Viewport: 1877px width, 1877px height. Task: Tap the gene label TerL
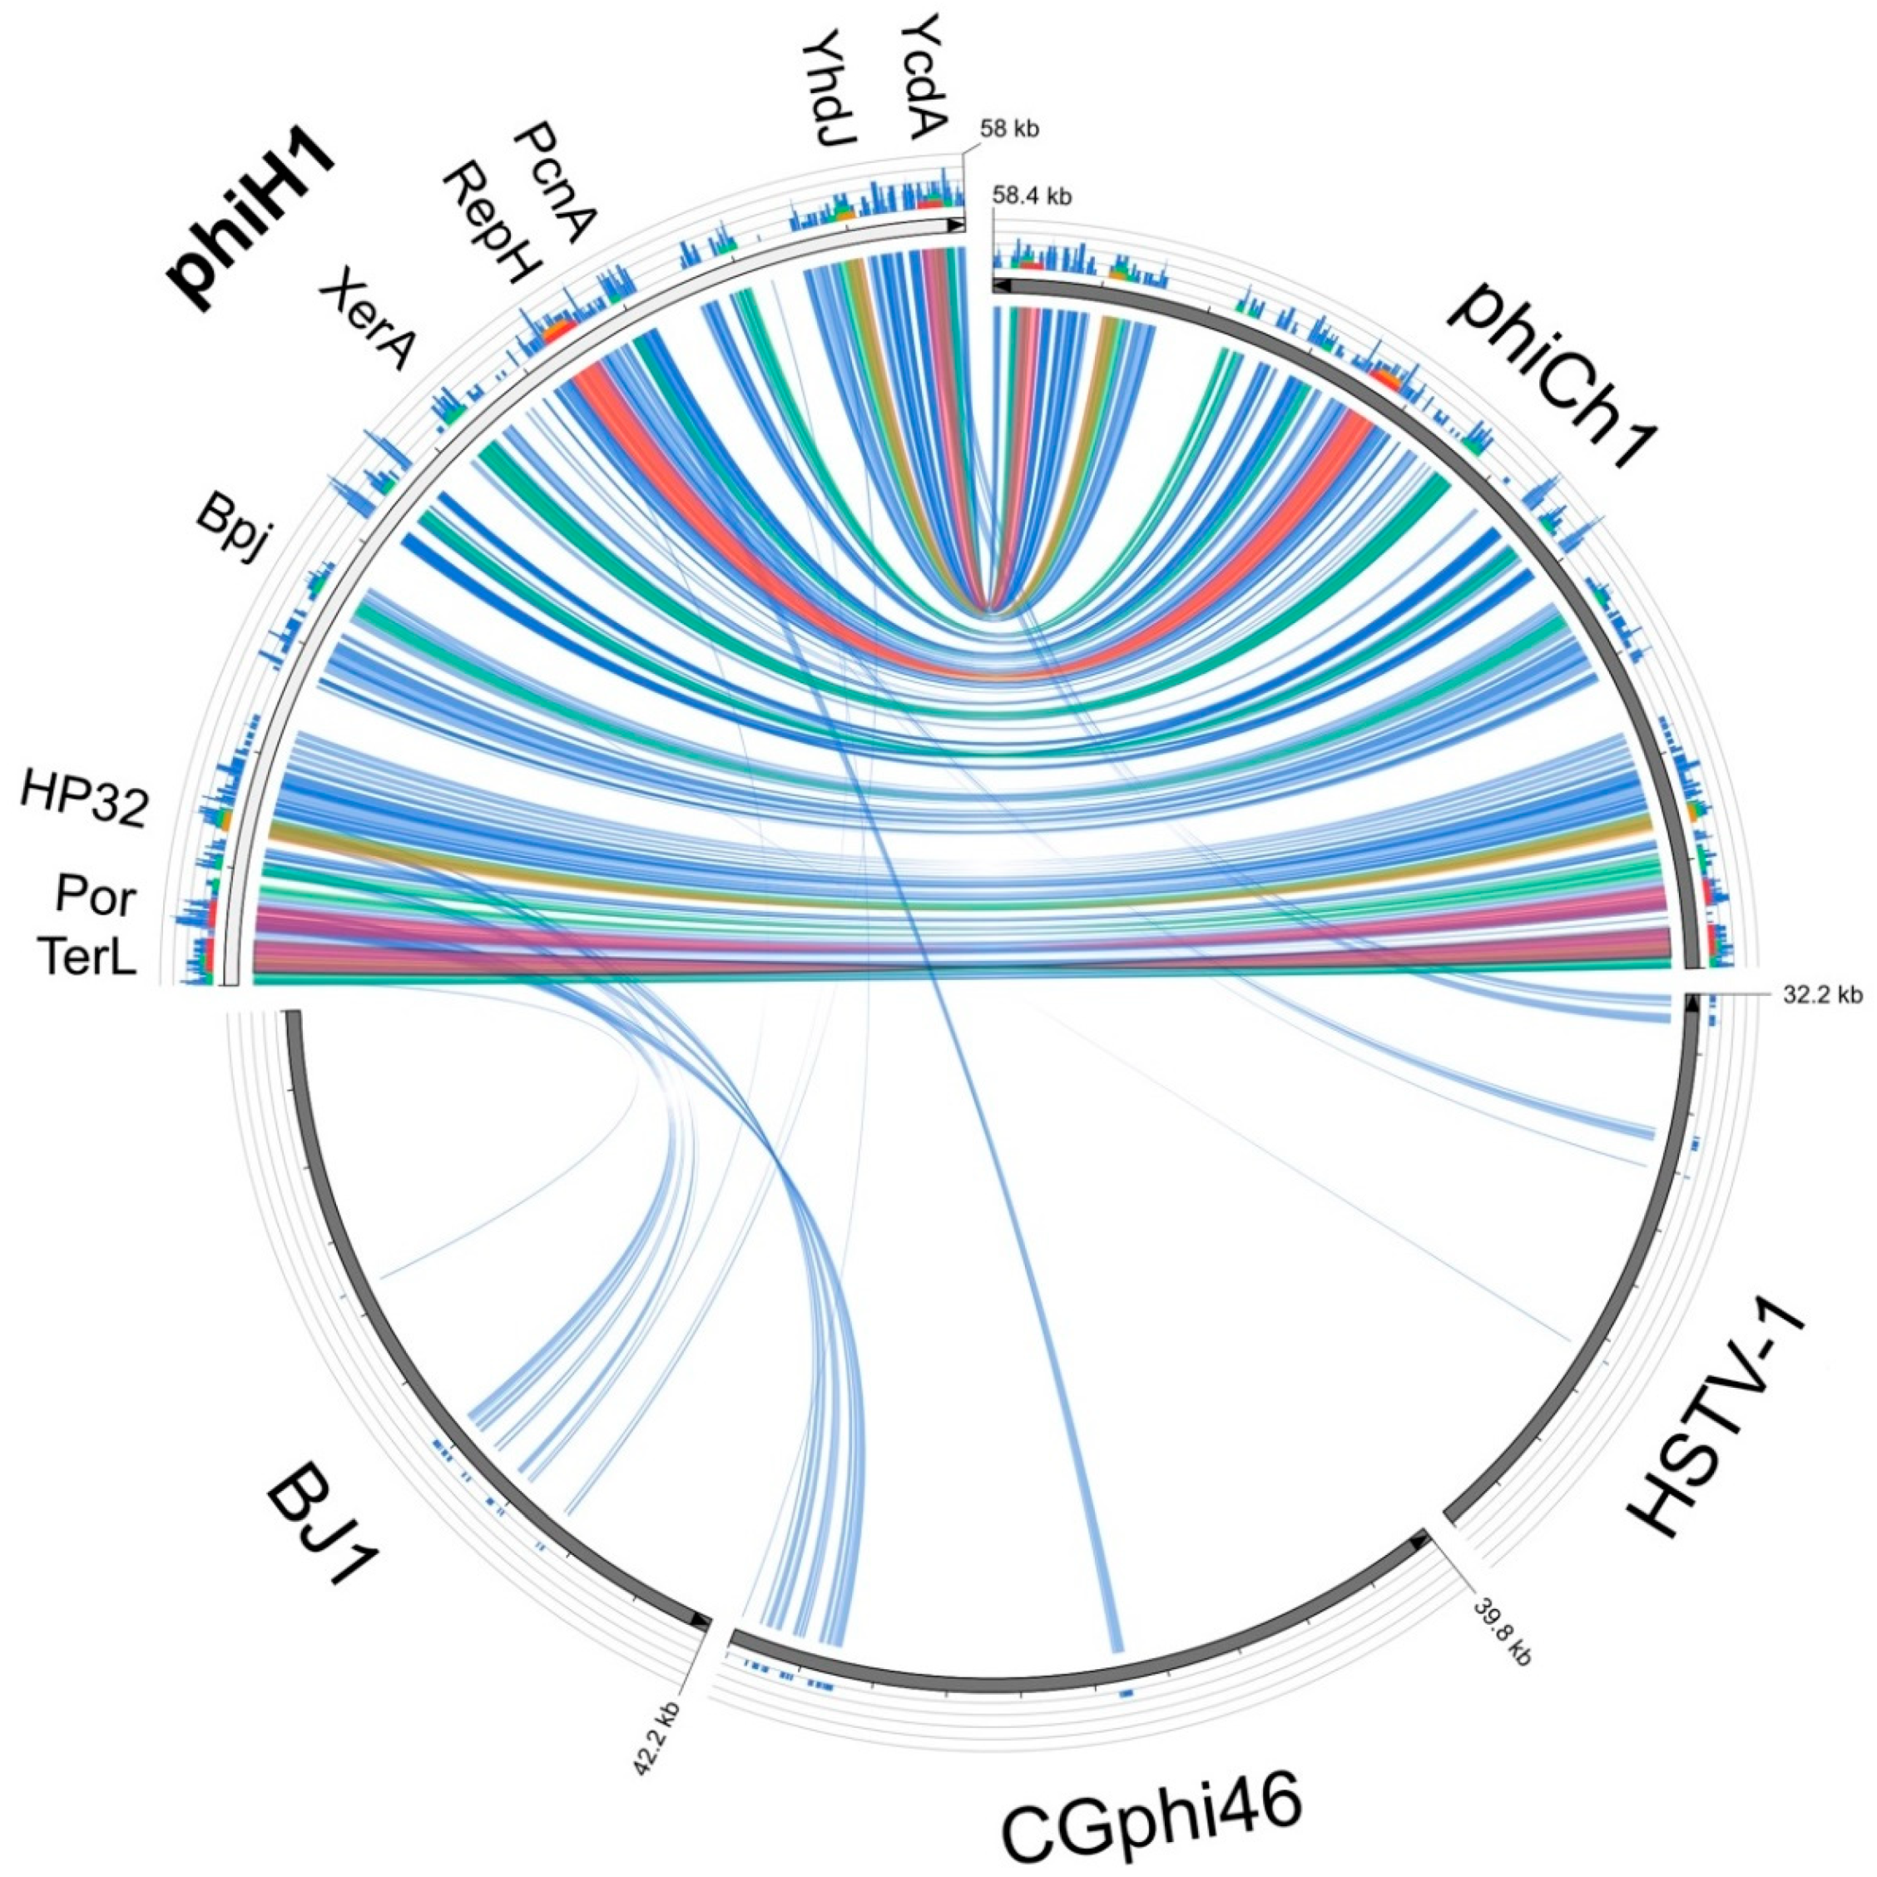click(87, 959)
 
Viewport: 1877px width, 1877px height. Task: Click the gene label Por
click(94, 898)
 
